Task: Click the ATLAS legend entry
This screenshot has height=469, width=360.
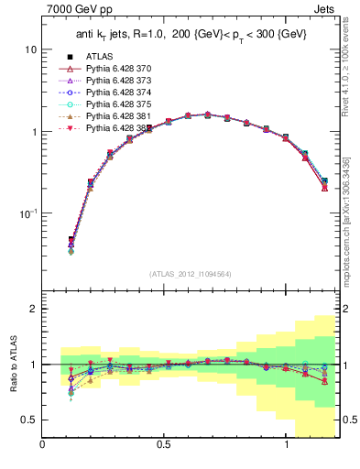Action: coord(100,57)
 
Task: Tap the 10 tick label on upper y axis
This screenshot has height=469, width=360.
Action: coord(30,49)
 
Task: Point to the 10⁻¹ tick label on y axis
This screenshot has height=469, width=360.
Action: coord(27,213)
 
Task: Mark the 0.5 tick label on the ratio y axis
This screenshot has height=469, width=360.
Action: coord(29,420)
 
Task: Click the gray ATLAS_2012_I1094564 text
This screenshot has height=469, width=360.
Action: coord(191,273)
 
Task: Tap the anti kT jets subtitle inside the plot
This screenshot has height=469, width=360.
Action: coord(190,34)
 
